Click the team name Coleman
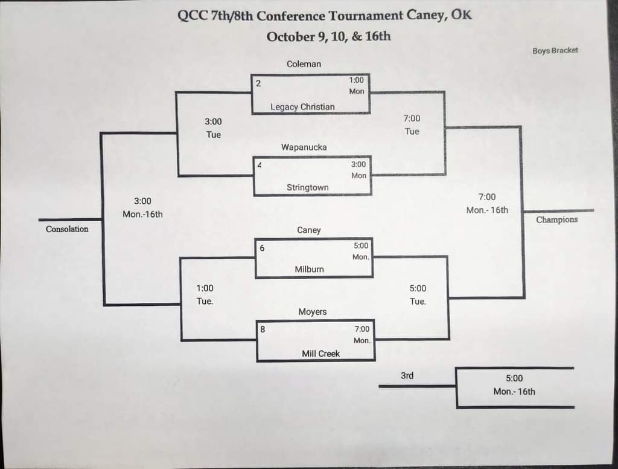[304, 63]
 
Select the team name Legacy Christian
[302, 107]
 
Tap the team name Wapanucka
[304, 147]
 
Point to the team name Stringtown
[308, 187]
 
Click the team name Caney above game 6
[309, 230]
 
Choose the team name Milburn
[310, 269]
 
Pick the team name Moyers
[313, 312]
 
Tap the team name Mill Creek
[321, 354]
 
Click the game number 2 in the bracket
[258, 83]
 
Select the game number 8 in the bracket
[263, 329]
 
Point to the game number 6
[262, 248]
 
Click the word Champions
[556, 220]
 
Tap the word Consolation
[67, 229]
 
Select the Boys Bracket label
[555, 51]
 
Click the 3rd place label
[407, 376]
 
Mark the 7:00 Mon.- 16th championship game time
[487, 203]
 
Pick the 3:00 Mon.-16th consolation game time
[142, 207]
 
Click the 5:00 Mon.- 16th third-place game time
[514, 385]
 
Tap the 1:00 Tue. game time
[205, 294]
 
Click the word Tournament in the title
[335, 16]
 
